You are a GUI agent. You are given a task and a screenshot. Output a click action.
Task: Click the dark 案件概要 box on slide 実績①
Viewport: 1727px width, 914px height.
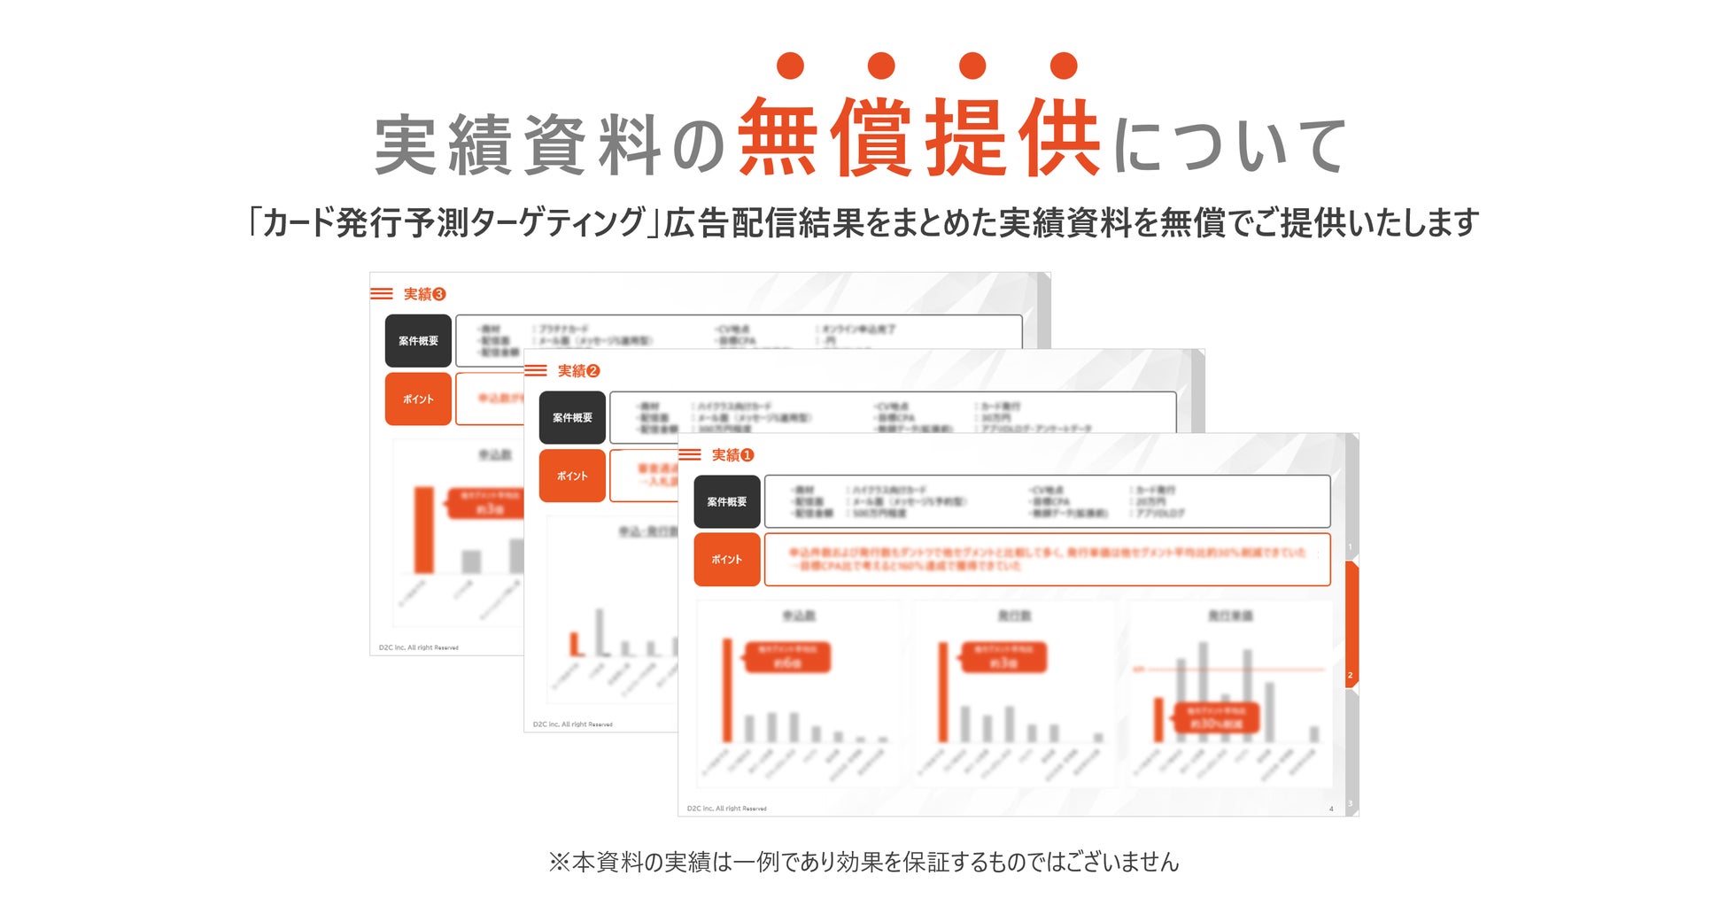click(726, 502)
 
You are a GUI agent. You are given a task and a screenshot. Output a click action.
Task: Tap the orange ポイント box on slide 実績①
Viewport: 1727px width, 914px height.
click(726, 560)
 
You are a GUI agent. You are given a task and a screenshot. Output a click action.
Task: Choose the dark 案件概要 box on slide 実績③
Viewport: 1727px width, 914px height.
click(418, 341)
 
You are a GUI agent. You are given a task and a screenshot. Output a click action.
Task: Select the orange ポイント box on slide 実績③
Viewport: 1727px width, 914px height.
click(418, 399)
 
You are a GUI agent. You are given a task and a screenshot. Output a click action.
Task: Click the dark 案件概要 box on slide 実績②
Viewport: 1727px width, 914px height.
click(572, 418)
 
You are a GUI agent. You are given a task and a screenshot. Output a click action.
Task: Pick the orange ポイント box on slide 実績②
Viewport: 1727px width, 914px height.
click(572, 476)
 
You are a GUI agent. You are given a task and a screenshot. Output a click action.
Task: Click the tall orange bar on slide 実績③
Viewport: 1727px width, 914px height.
click(424, 530)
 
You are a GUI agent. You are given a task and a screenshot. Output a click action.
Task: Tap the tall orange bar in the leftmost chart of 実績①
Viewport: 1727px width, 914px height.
click(727, 690)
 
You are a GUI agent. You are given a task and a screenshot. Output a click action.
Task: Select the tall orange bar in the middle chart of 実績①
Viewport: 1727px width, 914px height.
click(942, 692)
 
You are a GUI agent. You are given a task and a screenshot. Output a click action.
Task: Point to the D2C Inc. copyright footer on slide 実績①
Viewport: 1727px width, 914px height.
click(726, 809)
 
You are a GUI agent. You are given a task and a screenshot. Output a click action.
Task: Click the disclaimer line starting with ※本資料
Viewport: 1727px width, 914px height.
click(863, 862)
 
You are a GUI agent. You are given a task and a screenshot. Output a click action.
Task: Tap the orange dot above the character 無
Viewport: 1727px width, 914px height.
click(789, 66)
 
